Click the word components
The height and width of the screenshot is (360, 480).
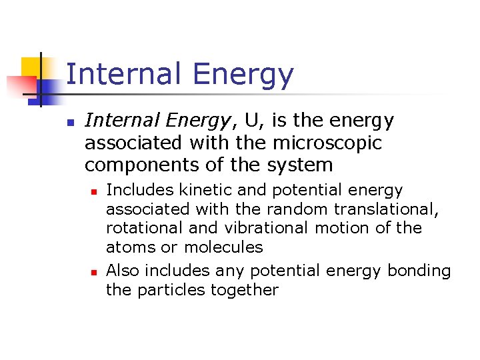click(x=138, y=165)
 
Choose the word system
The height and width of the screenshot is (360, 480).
click(x=300, y=165)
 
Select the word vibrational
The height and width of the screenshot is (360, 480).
click(x=267, y=228)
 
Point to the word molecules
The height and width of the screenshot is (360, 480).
click(x=223, y=247)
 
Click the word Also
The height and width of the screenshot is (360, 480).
click(x=123, y=271)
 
